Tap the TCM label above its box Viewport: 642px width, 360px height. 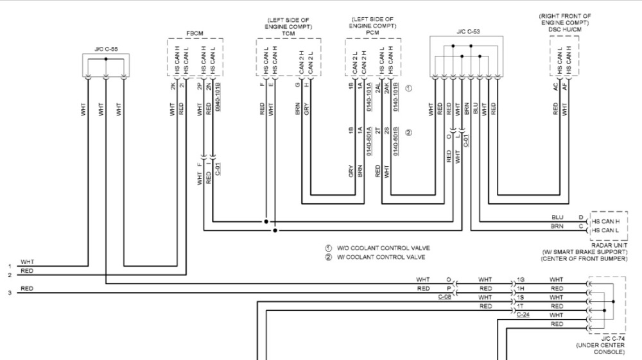click(288, 33)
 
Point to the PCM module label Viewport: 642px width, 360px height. click(372, 33)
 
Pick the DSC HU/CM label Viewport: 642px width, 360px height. click(565, 29)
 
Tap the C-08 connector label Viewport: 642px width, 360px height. click(445, 297)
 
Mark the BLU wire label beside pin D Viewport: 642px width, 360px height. click(557, 218)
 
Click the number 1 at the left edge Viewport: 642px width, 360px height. click(10, 266)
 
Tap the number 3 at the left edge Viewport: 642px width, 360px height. click(10, 293)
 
